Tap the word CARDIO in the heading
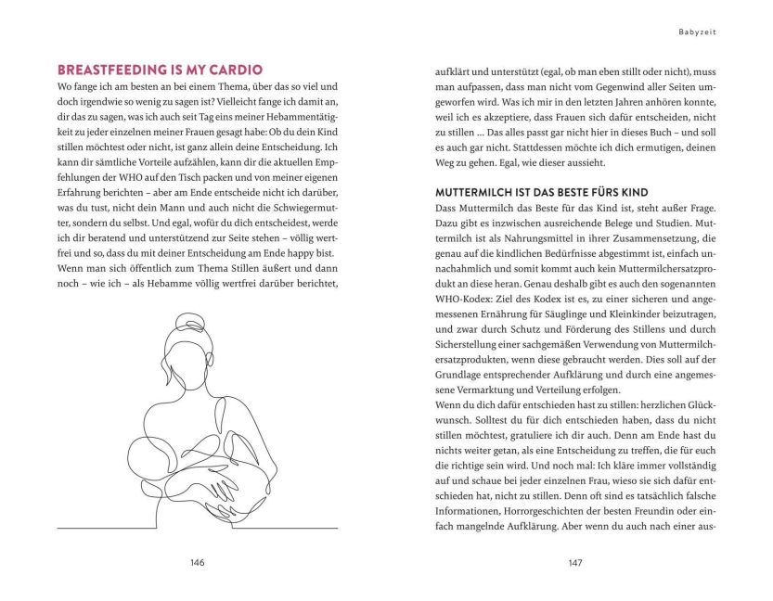(236, 70)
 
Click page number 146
(197, 562)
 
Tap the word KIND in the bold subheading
(633, 192)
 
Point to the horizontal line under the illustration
(197, 528)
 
